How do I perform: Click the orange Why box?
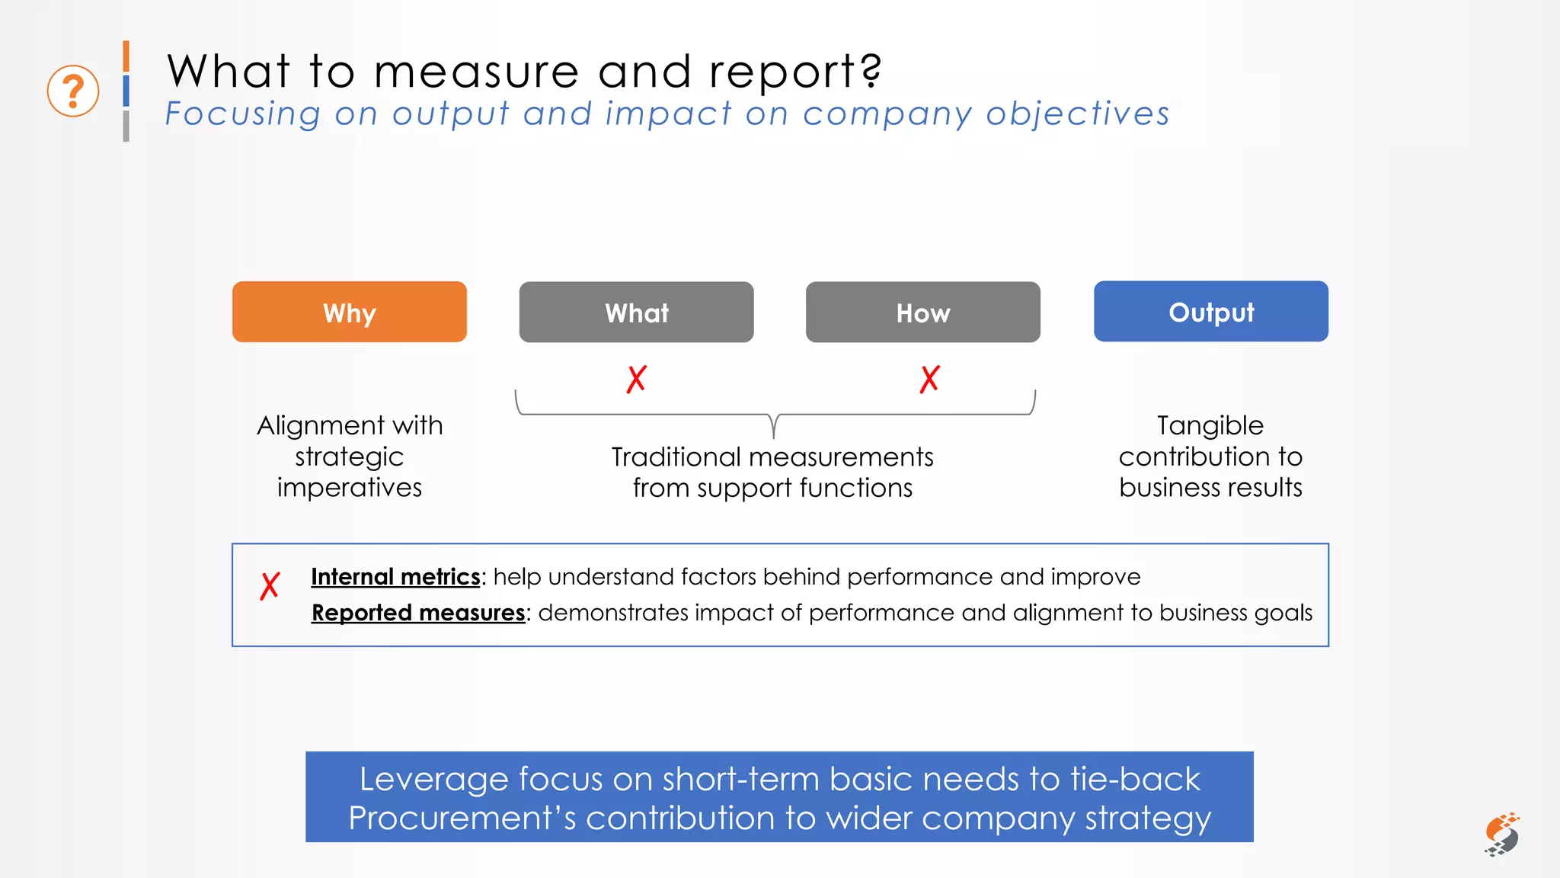click(349, 312)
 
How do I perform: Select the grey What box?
click(636, 312)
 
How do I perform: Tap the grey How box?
click(922, 312)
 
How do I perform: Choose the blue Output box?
click(1210, 311)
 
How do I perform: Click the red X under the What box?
click(637, 379)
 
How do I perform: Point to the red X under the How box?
click(929, 379)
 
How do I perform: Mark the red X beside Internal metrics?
click(270, 586)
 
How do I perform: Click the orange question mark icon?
click(73, 91)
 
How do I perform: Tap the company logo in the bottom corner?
click(1501, 835)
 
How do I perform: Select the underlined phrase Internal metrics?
click(395, 577)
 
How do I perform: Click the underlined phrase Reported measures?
click(418, 613)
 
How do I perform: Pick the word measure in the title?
click(476, 72)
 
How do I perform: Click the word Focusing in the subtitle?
click(243, 114)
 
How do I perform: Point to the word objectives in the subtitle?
click(1077, 114)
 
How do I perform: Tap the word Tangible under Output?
click(1210, 425)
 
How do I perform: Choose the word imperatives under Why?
click(349, 488)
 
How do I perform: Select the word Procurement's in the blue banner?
click(462, 819)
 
